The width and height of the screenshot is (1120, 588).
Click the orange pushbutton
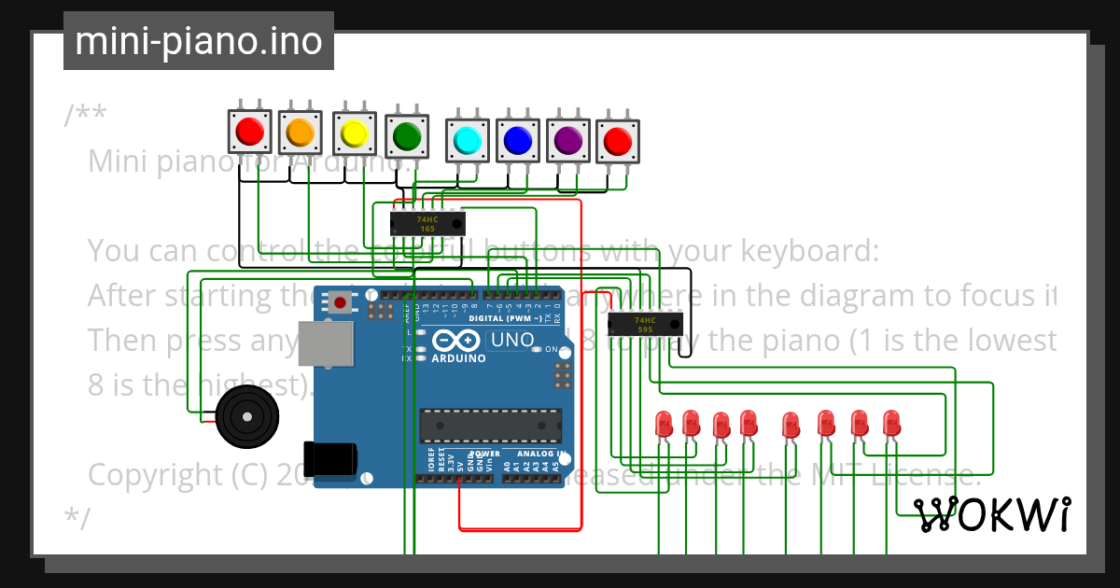[300, 133]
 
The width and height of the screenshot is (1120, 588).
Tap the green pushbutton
[407, 136]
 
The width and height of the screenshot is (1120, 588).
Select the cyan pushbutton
[467, 141]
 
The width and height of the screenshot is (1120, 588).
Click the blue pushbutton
[517, 141]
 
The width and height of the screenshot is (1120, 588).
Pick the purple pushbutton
[567, 141]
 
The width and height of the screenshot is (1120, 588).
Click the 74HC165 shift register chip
[427, 223]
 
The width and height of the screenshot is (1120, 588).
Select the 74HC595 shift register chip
[645, 324]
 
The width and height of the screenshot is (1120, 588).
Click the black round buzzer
[246, 417]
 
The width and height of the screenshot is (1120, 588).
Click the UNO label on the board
[511, 341]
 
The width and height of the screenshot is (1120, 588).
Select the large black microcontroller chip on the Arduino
[489, 426]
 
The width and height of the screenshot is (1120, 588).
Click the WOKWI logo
[992, 514]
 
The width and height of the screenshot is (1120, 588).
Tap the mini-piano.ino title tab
[199, 41]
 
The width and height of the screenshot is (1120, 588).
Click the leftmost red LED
[665, 424]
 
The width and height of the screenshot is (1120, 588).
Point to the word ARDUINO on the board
[458, 357]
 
